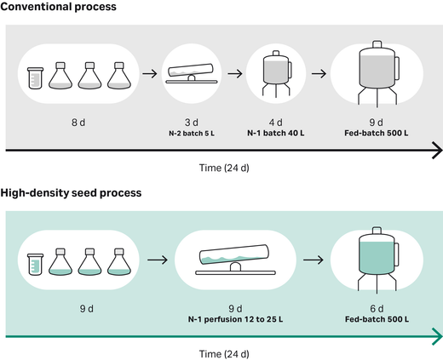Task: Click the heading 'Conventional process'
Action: coord(59,7)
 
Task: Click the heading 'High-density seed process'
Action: coord(71,193)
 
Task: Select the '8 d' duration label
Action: coord(78,123)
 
